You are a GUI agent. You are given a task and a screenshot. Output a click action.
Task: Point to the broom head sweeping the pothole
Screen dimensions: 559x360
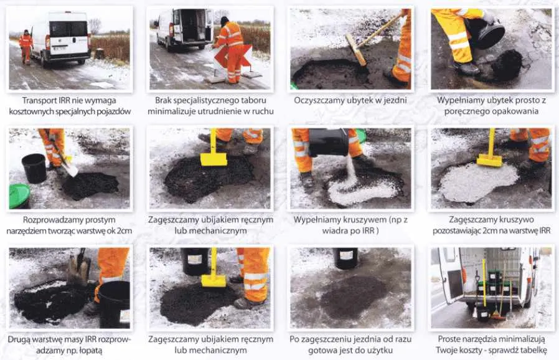click(356, 50)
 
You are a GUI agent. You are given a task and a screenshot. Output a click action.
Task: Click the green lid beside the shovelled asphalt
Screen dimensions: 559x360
click(19, 196)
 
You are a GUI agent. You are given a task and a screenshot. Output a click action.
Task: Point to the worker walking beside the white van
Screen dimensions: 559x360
click(26, 47)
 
